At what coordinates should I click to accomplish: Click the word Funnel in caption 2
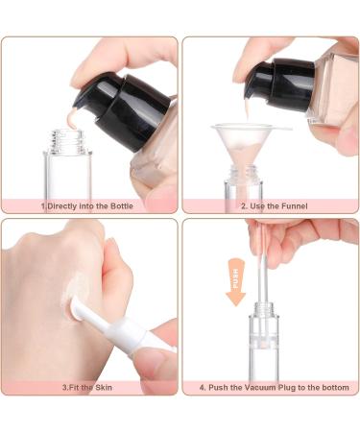tap(293, 206)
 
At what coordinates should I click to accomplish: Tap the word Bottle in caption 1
tap(122, 206)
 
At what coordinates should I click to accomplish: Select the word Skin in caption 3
tap(104, 388)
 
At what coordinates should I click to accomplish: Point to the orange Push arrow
tap(236, 282)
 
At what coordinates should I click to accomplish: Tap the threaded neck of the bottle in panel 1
tap(66, 141)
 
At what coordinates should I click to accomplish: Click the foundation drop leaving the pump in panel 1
tap(74, 117)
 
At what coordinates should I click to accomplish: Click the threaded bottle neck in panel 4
tap(264, 308)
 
